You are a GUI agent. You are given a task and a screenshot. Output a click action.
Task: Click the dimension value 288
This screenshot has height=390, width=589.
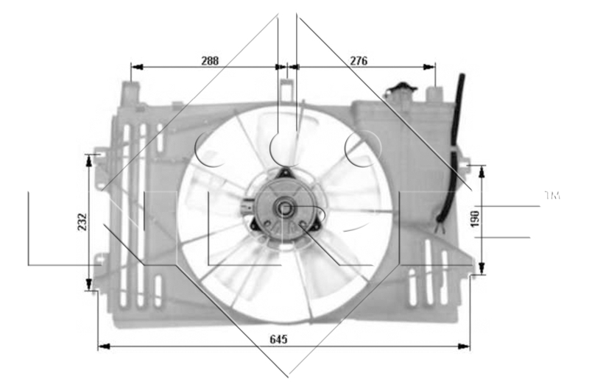coord(211,61)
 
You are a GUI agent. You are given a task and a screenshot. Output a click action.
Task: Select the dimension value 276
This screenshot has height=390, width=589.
coord(359,61)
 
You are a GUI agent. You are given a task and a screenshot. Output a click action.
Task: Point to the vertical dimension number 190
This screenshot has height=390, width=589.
coord(475,219)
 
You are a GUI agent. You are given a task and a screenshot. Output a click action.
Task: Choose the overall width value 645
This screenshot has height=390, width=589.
coord(278,339)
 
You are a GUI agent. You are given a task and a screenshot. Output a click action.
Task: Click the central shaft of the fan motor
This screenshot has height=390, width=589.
coord(284,209)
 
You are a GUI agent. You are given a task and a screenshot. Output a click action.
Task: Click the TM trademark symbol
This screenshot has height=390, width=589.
coord(552,196)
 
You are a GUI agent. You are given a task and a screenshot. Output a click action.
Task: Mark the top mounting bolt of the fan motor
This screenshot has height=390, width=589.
coord(285,173)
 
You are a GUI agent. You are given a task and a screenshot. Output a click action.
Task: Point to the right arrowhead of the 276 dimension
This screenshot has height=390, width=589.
coord(431,66)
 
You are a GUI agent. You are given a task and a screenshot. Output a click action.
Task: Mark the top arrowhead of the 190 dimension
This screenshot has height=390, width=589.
coord(482,170)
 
